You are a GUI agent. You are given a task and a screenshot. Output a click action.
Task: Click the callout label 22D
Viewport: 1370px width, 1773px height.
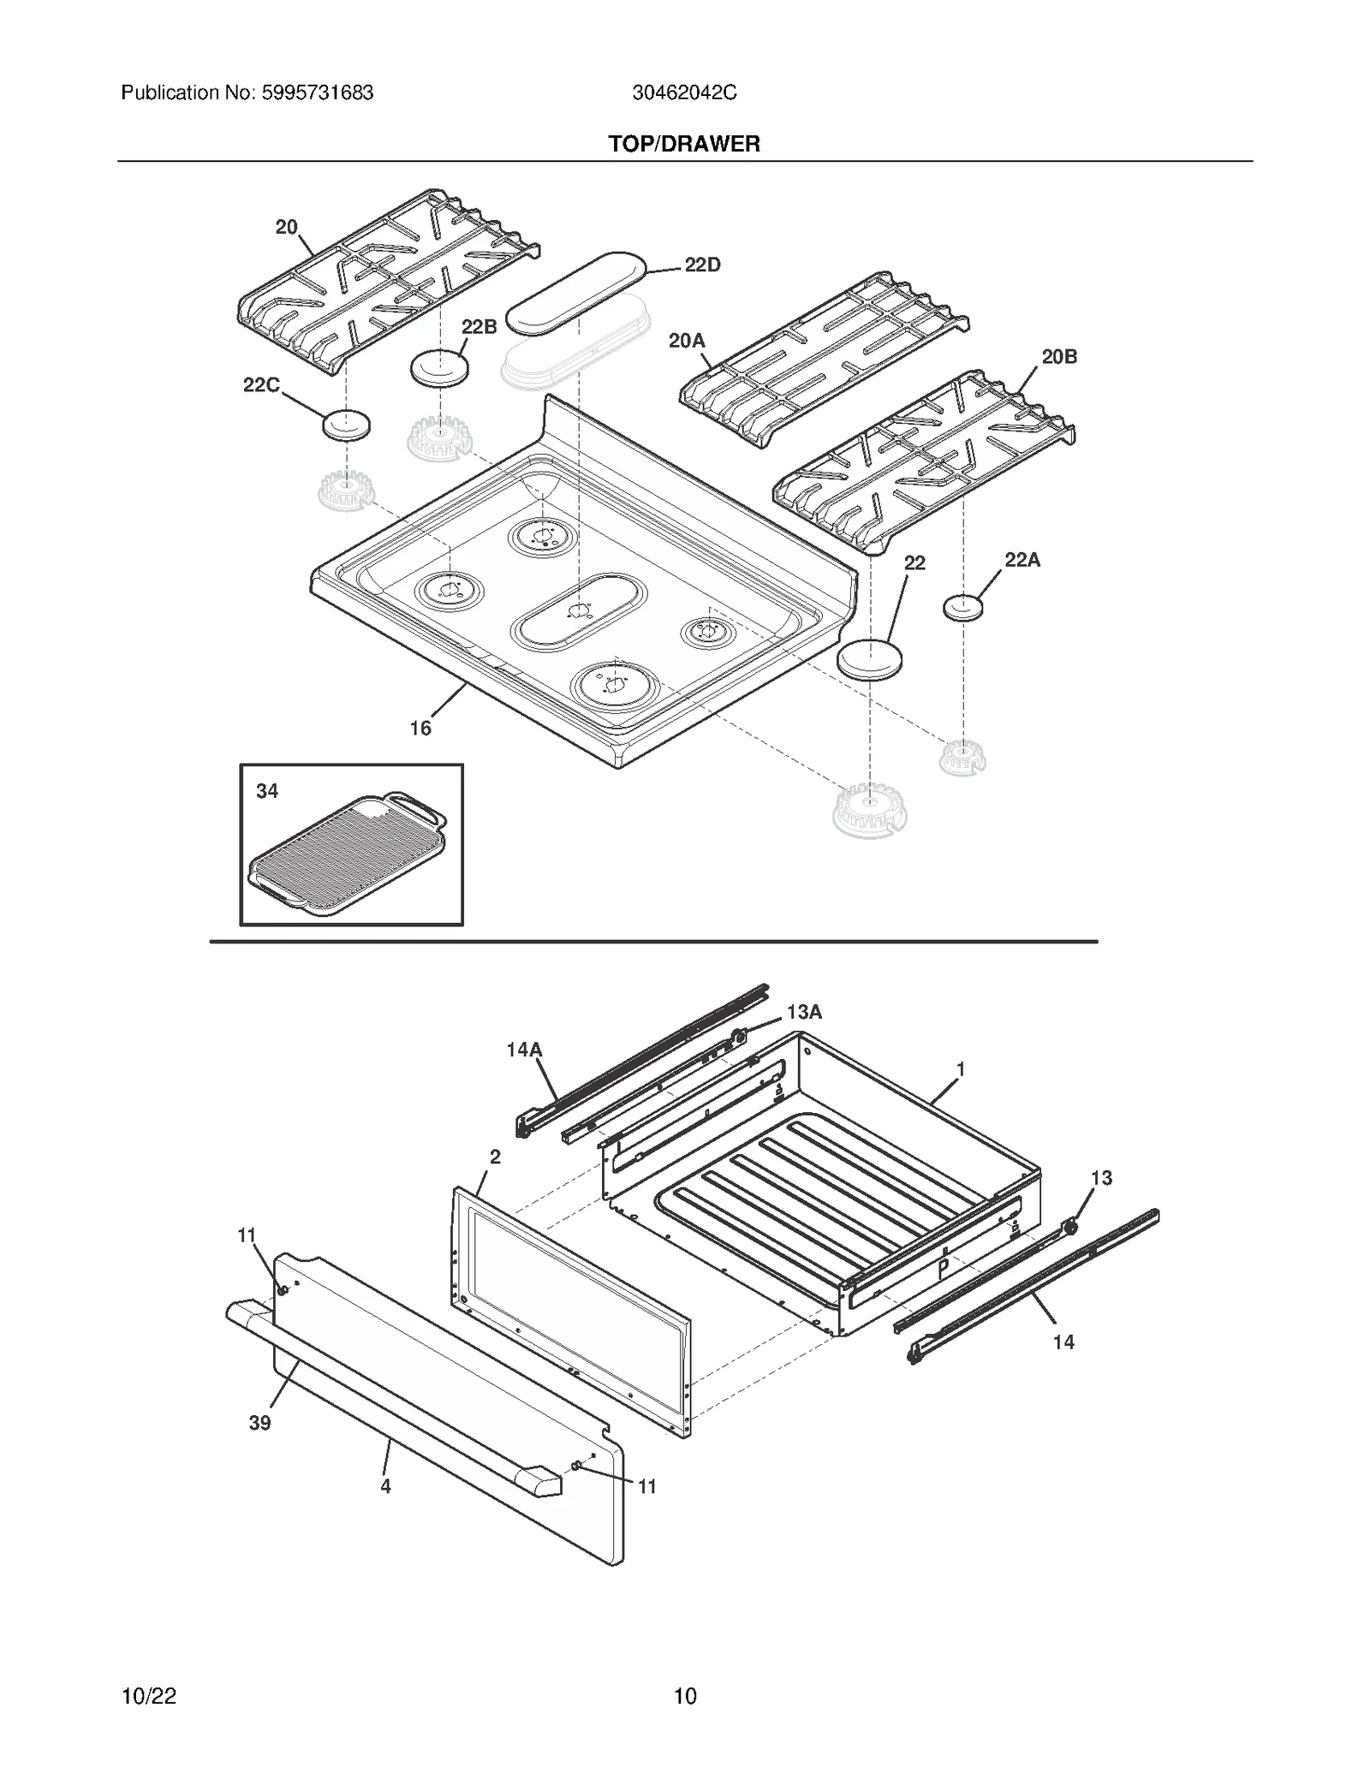pos(702,265)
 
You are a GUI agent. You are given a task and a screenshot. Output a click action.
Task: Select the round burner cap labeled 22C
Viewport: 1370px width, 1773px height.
pos(346,425)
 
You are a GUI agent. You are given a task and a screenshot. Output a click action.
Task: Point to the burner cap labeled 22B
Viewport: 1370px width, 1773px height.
pos(441,369)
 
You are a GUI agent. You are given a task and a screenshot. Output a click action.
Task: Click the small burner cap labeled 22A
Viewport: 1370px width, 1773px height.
pos(962,608)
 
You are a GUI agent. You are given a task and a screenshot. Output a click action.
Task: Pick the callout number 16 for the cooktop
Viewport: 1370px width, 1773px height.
pos(420,729)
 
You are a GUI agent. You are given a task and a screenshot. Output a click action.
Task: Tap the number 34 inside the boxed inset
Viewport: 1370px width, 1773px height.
pos(267,791)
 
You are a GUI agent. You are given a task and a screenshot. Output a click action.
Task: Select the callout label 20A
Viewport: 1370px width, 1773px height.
pos(687,342)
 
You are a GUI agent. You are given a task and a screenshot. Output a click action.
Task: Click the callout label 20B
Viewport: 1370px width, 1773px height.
pos(1059,357)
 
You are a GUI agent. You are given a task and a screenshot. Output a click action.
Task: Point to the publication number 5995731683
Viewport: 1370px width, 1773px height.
pos(313,93)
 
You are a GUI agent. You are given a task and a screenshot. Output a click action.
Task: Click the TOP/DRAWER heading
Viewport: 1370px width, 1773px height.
pos(684,144)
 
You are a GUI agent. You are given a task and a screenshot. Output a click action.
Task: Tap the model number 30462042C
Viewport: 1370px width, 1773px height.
pos(684,93)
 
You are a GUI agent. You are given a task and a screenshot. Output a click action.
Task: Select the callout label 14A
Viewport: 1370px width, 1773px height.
pos(524,1050)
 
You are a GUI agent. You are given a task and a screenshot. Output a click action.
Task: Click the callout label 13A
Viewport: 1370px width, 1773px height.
pos(804,1013)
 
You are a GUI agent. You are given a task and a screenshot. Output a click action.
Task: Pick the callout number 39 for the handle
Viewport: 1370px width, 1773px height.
pos(259,1423)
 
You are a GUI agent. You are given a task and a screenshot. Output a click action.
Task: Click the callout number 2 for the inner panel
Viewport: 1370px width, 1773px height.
pos(495,1157)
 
